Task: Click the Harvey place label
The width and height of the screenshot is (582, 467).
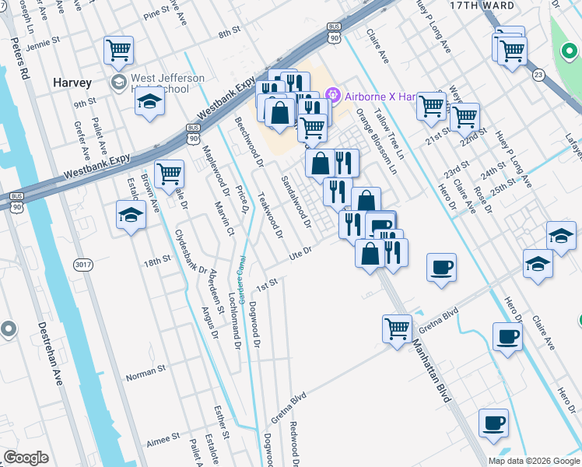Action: [x=72, y=83]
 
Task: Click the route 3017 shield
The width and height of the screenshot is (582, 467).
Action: [x=82, y=265]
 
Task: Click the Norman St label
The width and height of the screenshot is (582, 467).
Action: [x=146, y=374]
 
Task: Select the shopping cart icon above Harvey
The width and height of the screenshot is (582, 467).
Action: [x=118, y=51]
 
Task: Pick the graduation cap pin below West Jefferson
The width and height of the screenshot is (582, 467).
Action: [x=149, y=103]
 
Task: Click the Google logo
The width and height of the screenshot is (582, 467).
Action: [x=26, y=458]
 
